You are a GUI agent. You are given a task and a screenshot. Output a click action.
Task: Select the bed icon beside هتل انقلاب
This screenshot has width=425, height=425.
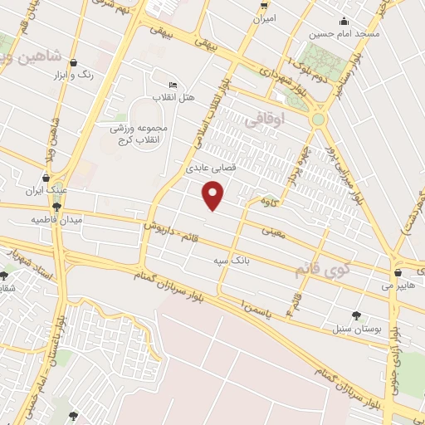click(x=173, y=85)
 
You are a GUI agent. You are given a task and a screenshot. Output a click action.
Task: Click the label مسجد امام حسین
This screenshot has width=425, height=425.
click(x=344, y=34)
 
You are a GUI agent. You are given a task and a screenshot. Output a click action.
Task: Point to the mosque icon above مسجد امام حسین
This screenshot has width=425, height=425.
click(x=343, y=22)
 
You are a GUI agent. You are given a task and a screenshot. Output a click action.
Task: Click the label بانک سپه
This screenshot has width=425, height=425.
click(x=232, y=260)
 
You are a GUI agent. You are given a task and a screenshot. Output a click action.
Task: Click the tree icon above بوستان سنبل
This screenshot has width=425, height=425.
click(x=357, y=315)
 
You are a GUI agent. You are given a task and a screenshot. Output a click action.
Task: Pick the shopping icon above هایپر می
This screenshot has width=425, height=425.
click(x=398, y=271)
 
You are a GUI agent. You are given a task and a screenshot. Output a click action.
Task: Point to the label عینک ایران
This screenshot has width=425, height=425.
click(x=45, y=190)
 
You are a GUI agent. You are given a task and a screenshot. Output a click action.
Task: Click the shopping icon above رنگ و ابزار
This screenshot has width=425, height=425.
click(x=74, y=62)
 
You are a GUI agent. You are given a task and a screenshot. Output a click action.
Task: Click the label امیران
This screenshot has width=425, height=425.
click(x=264, y=17)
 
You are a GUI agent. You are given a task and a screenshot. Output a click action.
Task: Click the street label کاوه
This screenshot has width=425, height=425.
click(x=267, y=201)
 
